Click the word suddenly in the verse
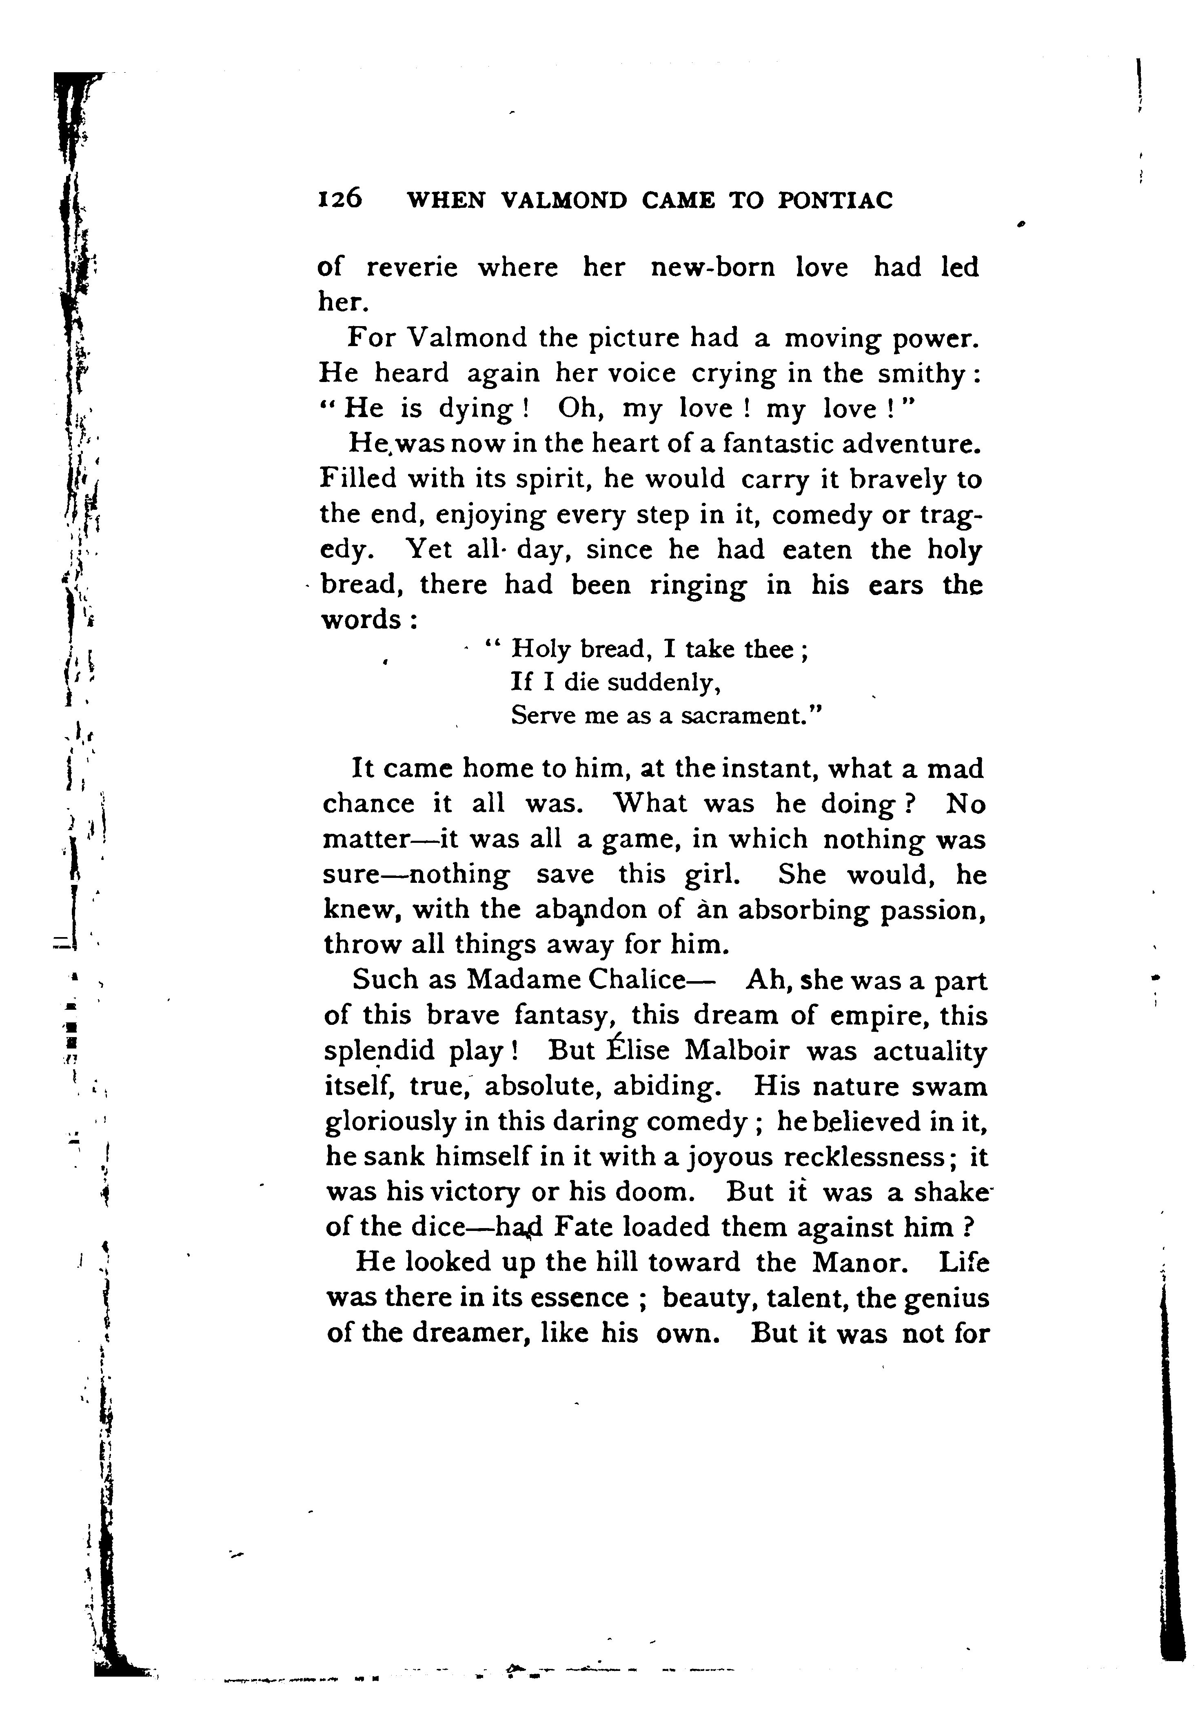tap(663, 682)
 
